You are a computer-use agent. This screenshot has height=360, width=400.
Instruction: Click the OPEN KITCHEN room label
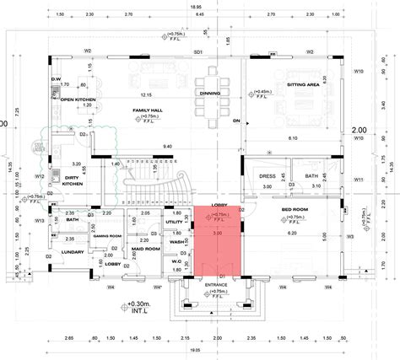click(78, 99)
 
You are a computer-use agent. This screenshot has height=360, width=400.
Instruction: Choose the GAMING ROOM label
click(109, 236)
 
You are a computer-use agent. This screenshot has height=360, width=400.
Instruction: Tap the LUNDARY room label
click(70, 251)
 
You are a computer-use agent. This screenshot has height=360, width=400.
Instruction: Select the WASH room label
click(176, 242)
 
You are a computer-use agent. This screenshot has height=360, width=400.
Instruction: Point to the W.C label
click(176, 261)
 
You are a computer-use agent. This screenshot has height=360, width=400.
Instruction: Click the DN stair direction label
click(237, 121)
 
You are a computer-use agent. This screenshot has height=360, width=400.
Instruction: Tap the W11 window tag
click(359, 180)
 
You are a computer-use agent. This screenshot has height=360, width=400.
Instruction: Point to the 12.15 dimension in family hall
click(146, 94)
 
